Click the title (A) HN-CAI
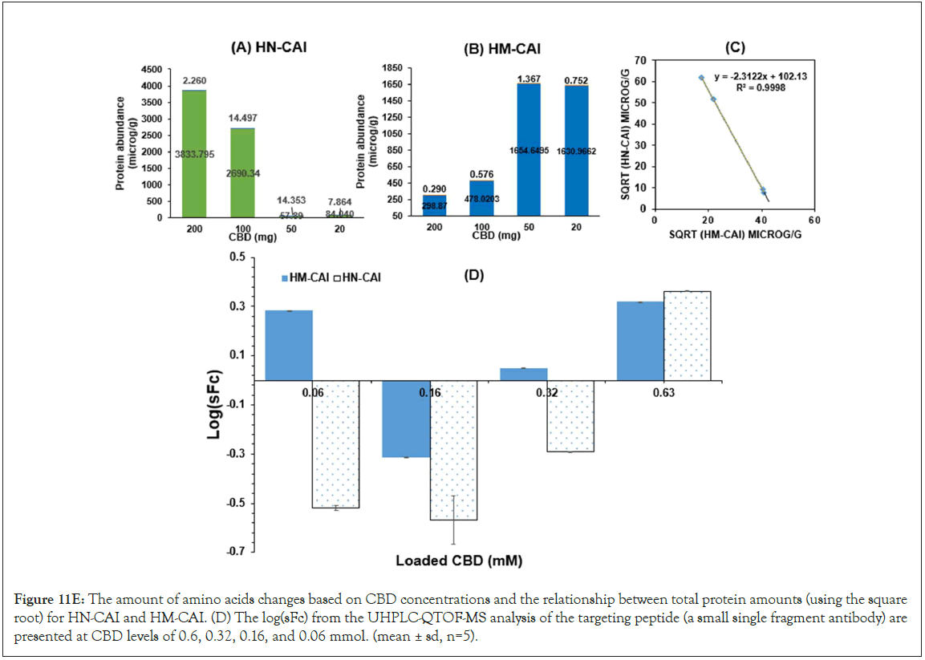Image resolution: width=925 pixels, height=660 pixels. pyautogui.click(x=269, y=47)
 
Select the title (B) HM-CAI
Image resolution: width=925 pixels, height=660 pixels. pyautogui.click(x=502, y=50)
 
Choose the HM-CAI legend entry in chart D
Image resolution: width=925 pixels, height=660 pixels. pyautogui.click(x=306, y=277)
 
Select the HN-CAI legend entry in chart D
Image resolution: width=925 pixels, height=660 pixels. pyautogui.click(x=358, y=277)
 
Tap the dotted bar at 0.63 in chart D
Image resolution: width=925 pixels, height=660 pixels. pyautogui.click(x=687, y=335)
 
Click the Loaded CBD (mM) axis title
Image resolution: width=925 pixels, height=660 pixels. pyautogui.click(x=459, y=561)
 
